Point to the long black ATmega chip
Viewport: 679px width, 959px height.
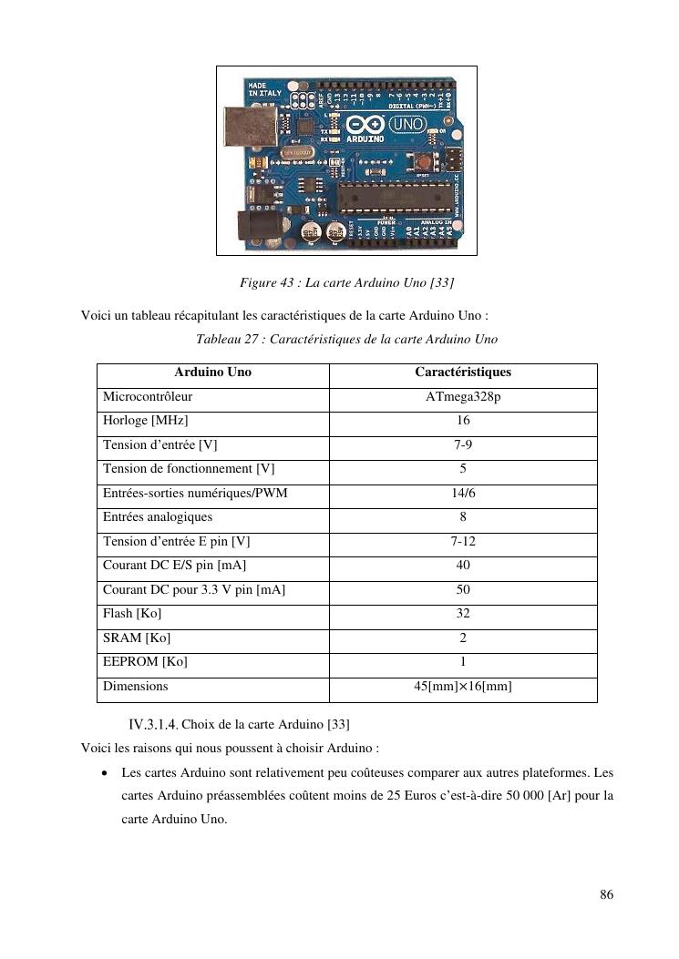[x=396, y=195]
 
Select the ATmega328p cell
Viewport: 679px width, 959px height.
[x=463, y=397]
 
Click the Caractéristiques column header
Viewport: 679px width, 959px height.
[x=463, y=372]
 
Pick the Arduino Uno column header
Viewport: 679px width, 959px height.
[x=213, y=372]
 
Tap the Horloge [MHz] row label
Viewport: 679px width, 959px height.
[x=146, y=421]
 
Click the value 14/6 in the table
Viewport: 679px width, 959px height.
[x=463, y=493]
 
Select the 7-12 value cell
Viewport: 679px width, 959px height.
[x=463, y=541]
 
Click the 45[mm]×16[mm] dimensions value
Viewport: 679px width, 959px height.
[x=463, y=686]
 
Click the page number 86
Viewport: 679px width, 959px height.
[x=606, y=894]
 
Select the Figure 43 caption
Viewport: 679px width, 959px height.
[x=346, y=283]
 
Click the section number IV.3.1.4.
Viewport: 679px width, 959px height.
[x=153, y=725]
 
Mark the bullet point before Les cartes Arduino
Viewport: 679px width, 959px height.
[x=106, y=773]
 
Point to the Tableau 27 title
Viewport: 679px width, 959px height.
[x=346, y=340]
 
